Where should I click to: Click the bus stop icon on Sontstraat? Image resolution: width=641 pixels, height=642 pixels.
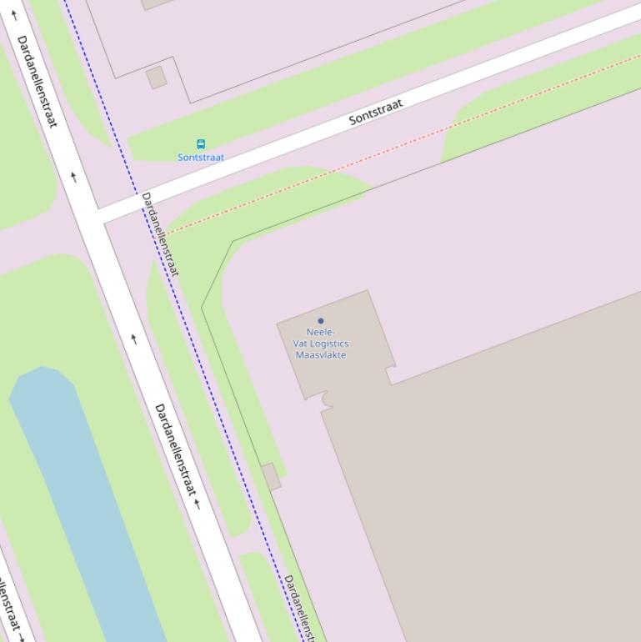pyautogui.click(x=200, y=143)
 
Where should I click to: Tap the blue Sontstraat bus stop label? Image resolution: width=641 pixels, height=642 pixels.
pyautogui.click(x=201, y=157)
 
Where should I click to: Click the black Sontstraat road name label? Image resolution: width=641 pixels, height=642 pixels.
pyautogui.click(x=376, y=112)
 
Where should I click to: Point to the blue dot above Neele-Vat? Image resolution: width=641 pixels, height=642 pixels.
pyautogui.click(x=321, y=321)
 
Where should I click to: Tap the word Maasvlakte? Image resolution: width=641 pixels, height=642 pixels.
pyautogui.click(x=321, y=355)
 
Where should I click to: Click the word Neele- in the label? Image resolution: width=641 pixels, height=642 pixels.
pyautogui.click(x=321, y=332)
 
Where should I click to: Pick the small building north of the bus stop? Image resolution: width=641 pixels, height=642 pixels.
pyautogui.click(x=156, y=78)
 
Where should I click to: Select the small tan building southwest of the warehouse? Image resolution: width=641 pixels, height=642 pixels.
pyautogui.click(x=271, y=477)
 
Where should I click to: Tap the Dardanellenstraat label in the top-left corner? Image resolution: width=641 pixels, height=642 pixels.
pyautogui.click(x=38, y=81)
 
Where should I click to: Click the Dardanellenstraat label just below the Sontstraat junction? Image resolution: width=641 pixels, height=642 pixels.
pyautogui.click(x=160, y=233)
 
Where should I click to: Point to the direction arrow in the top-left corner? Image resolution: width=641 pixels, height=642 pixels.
pyautogui.click(x=14, y=15)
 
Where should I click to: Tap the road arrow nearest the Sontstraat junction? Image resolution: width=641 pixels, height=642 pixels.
pyautogui.click(x=74, y=177)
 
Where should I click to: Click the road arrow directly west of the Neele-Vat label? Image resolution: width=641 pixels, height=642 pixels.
pyautogui.click(x=133, y=339)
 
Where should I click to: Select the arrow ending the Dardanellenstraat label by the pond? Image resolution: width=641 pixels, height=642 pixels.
pyautogui.click(x=198, y=504)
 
